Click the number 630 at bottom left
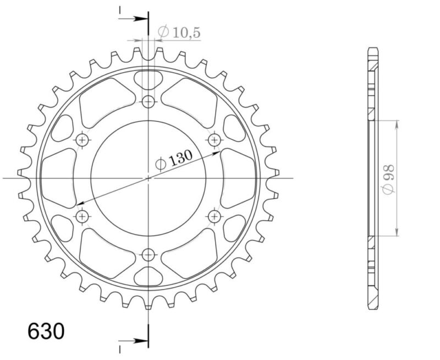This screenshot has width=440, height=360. pos(46,332)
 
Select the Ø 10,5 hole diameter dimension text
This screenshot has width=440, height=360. pos(179,33)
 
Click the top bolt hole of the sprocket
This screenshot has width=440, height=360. pos(148,102)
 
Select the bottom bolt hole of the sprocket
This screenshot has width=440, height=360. pos(148,254)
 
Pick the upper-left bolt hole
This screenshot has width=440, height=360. pos(82,140)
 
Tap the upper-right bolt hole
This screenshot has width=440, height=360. pos(215,140)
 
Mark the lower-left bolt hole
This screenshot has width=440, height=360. pos(82,216)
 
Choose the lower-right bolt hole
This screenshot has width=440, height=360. pos(215,216)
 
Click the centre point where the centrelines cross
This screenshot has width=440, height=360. pos(148,178)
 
